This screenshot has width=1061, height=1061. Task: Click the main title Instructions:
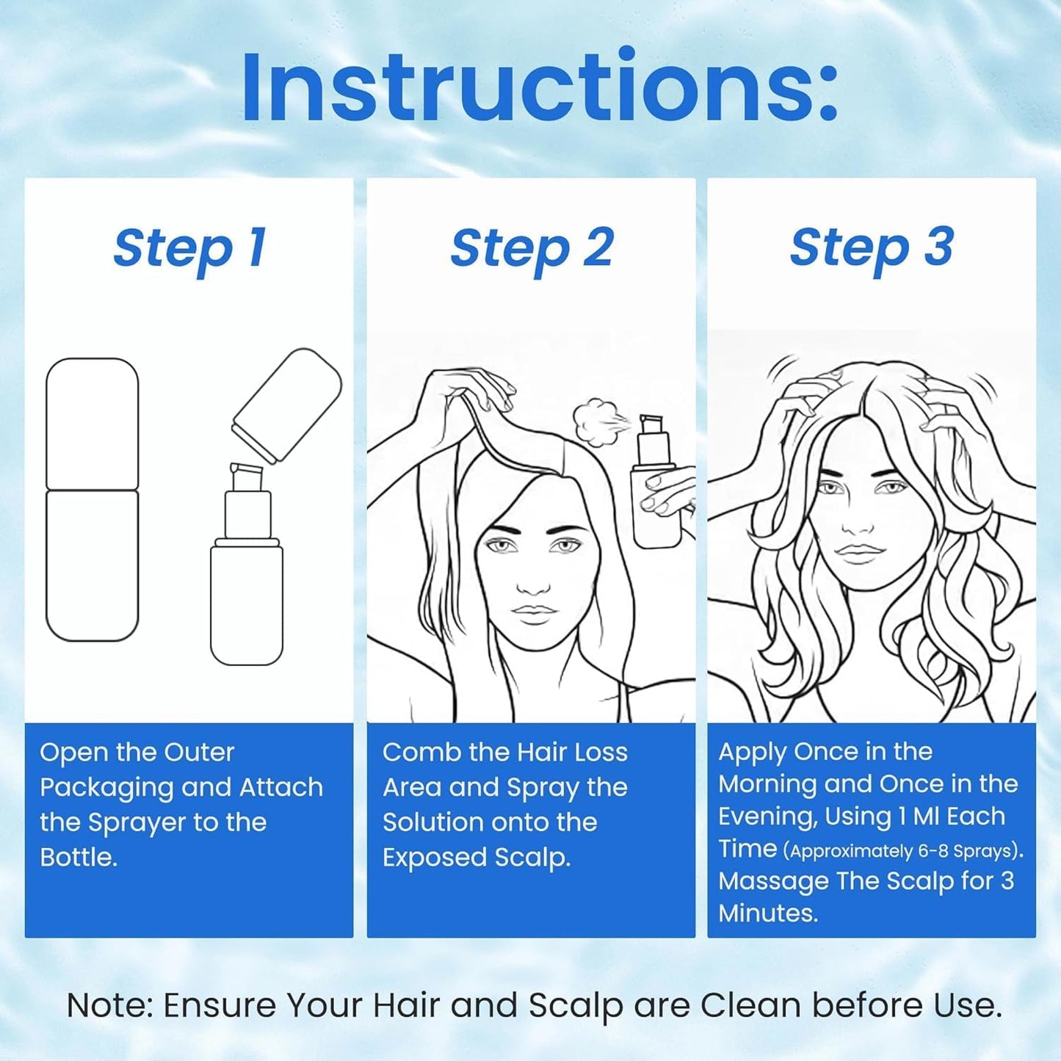click(x=540, y=87)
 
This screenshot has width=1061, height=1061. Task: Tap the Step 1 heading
click(x=189, y=249)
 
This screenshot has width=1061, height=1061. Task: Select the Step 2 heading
click(x=532, y=249)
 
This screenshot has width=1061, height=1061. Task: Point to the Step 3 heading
click(x=872, y=249)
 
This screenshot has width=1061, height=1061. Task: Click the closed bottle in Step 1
click(x=93, y=499)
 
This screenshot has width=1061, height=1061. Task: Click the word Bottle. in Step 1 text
click(x=79, y=858)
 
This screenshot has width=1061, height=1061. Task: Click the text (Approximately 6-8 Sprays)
click(x=903, y=851)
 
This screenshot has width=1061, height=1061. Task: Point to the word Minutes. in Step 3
click(x=767, y=913)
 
